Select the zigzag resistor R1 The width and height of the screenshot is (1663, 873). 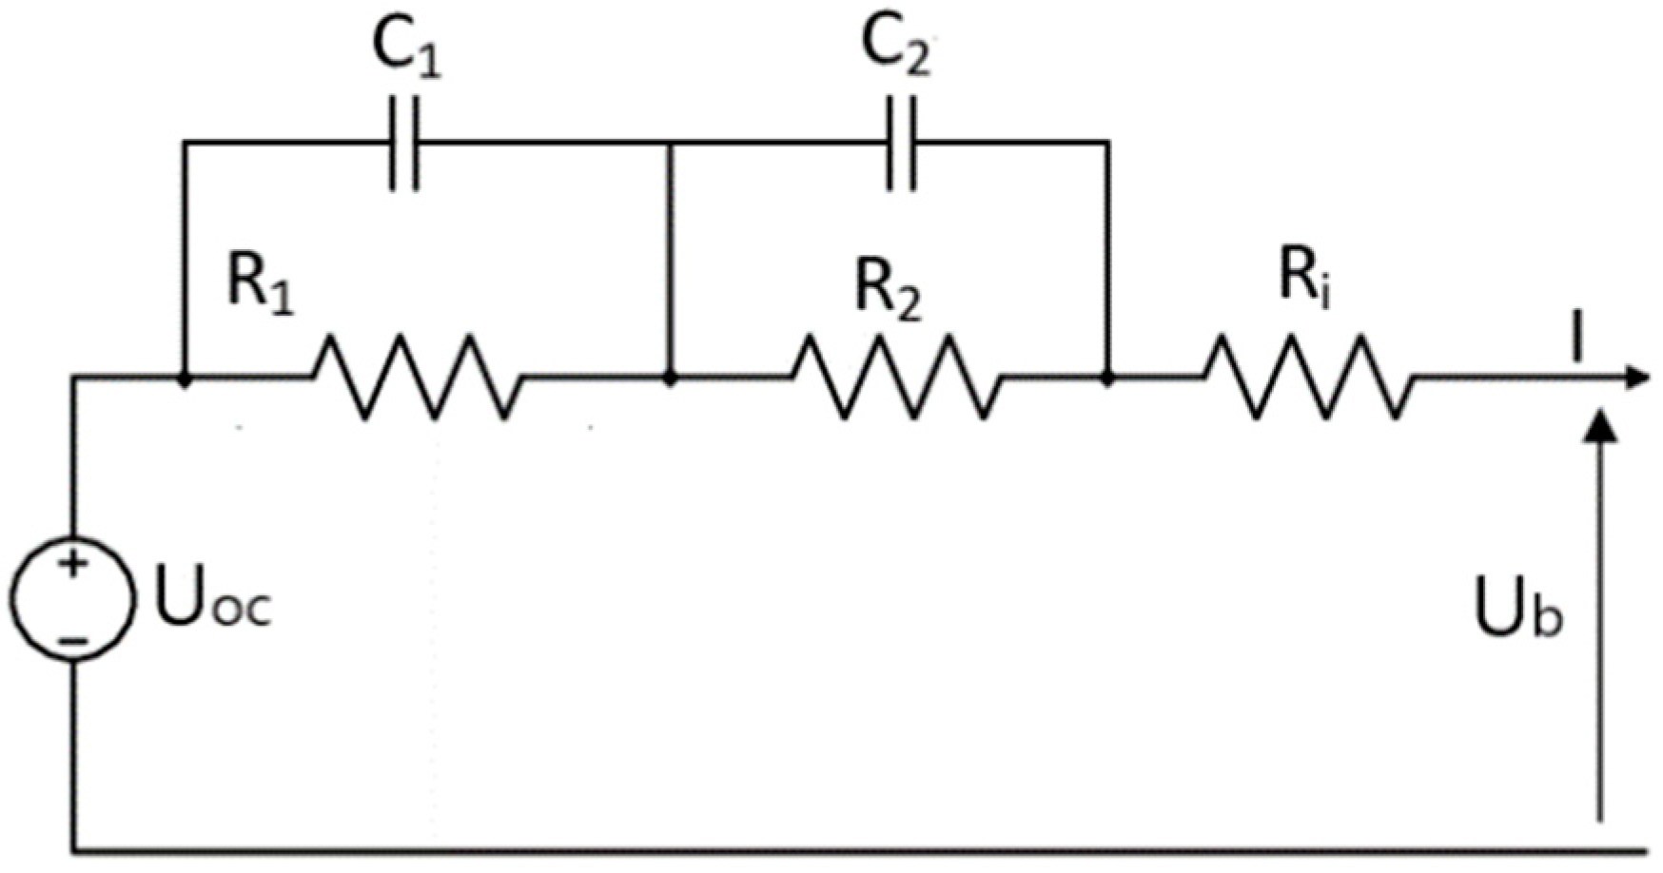pos(418,378)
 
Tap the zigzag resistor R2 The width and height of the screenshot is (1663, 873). pos(896,378)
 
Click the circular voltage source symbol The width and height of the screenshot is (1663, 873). pos(72,597)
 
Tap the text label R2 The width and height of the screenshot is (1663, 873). pos(888,288)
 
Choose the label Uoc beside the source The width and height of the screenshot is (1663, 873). pos(213,601)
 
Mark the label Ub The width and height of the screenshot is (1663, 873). pos(1517,609)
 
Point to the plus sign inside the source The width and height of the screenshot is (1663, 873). pos(72,564)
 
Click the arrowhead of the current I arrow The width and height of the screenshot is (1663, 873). pos(1636,378)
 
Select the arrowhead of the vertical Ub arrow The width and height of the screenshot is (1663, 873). pos(1602,425)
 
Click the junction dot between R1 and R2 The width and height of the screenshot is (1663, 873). pos(671,378)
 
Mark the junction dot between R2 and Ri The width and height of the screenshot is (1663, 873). pos(1107,378)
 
